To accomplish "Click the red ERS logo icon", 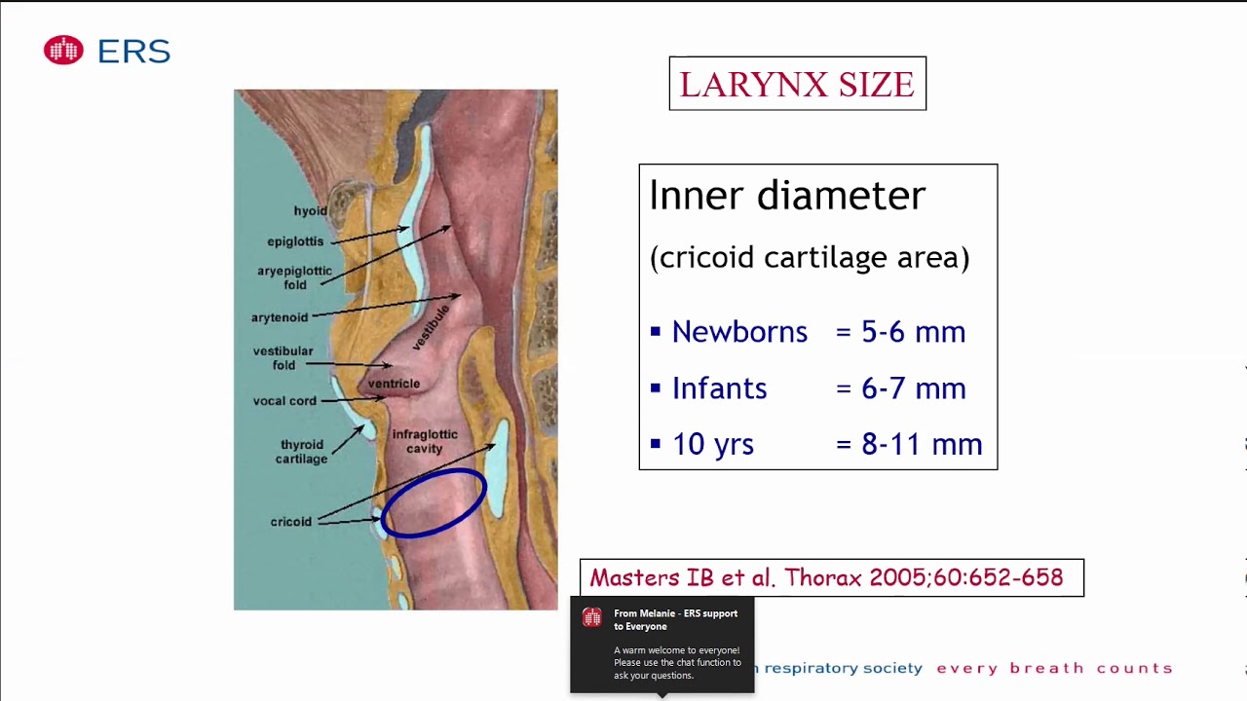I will [x=63, y=51].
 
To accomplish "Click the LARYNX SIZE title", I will [x=797, y=85].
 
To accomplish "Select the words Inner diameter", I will [x=787, y=196].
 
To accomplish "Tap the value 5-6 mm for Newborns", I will [x=913, y=332].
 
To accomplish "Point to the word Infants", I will [x=719, y=388].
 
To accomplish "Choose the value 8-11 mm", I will [x=922, y=444].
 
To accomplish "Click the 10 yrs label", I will [x=712, y=444].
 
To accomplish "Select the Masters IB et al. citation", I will [x=826, y=577].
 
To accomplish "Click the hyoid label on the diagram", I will [x=311, y=211].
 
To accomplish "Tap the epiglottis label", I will [x=295, y=241].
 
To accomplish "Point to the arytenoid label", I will [x=280, y=317].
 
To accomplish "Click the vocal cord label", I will [x=284, y=401].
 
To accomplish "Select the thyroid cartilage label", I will [x=301, y=452].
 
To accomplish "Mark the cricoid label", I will [x=291, y=522].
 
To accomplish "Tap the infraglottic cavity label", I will [x=424, y=441].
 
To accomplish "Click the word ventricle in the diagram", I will [x=394, y=384].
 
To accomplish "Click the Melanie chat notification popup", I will [x=662, y=645].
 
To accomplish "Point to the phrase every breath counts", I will [x=1054, y=668].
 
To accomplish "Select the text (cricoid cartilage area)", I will [x=809, y=258].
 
